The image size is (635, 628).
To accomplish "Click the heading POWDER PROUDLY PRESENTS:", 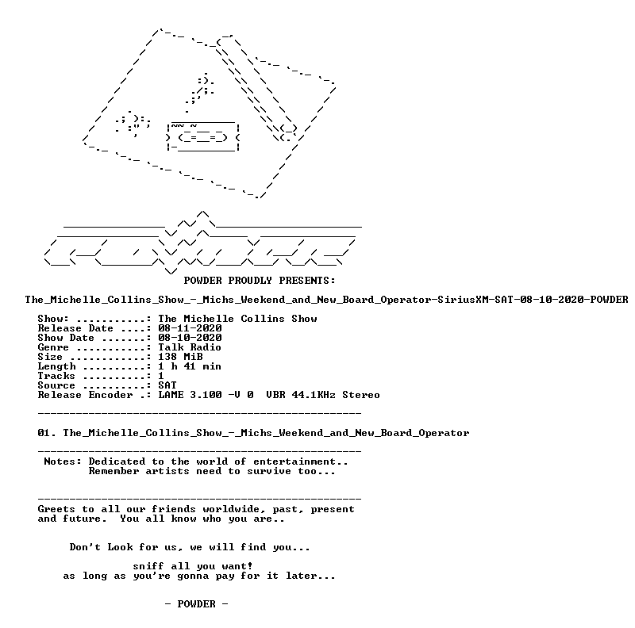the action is [x=260, y=281].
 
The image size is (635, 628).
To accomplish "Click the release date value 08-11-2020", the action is [x=190, y=328].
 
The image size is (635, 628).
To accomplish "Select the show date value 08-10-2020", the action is [x=190, y=338].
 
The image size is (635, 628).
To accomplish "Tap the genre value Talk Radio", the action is [x=190, y=347].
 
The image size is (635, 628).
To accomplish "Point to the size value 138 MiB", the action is [x=180, y=357].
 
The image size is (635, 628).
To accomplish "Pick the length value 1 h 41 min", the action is [x=190, y=366].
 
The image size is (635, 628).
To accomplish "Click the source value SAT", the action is [x=167, y=385].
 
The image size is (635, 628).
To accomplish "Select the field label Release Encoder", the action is [x=85, y=395].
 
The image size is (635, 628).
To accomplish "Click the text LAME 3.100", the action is [x=190, y=395].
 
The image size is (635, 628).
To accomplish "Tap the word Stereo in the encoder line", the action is [x=361, y=395].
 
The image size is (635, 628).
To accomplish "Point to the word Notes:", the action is [x=63, y=461].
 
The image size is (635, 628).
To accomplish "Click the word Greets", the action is [x=56, y=509].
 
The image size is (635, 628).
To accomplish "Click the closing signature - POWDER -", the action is [x=196, y=604].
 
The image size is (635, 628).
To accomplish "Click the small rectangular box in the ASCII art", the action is [x=203, y=136].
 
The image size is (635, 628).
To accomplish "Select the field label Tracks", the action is [x=56, y=376].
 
